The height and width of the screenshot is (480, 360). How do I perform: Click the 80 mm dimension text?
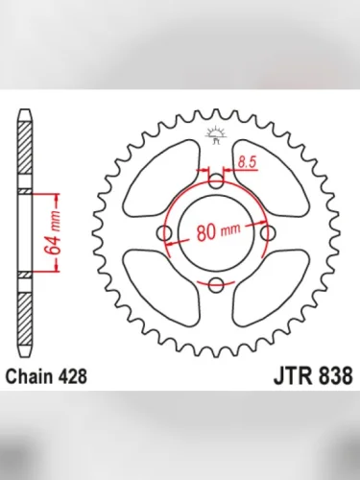216,230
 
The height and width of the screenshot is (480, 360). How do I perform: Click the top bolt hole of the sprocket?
216,180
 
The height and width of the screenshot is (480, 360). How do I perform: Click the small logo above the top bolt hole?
216,135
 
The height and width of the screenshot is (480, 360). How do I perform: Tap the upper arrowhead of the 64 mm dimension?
59,195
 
